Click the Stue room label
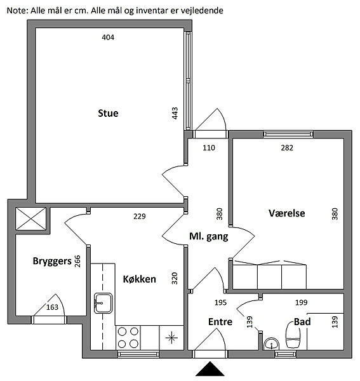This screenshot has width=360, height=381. (x=108, y=113)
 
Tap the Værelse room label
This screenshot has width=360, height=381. (x=287, y=213)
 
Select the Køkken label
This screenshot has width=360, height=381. (x=140, y=279)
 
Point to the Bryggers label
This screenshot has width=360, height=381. (x=52, y=261)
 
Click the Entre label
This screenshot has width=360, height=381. (x=220, y=322)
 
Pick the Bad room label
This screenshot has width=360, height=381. (x=302, y=322)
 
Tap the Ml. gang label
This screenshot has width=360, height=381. (x=209, y=236)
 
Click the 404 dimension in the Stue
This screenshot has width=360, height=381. (x=108, y=37)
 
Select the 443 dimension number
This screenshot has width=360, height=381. (x=175, y=113)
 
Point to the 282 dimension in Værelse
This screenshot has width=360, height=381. (x=287, y=148)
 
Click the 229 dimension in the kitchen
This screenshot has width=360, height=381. (x=140, y=217)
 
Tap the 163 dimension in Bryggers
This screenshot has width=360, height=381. (x=52, y=307)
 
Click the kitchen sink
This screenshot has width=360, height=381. (x=103, y=304)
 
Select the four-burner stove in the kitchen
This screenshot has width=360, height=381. (x=128, y=338)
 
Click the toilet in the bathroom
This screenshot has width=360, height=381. (x=293, y=335)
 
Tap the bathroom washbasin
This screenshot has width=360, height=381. (x=272, y=344)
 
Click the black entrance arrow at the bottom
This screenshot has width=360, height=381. (x=210, y=368)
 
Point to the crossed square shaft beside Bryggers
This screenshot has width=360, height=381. (x=31, y=218)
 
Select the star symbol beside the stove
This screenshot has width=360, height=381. (x=171, y=338)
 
